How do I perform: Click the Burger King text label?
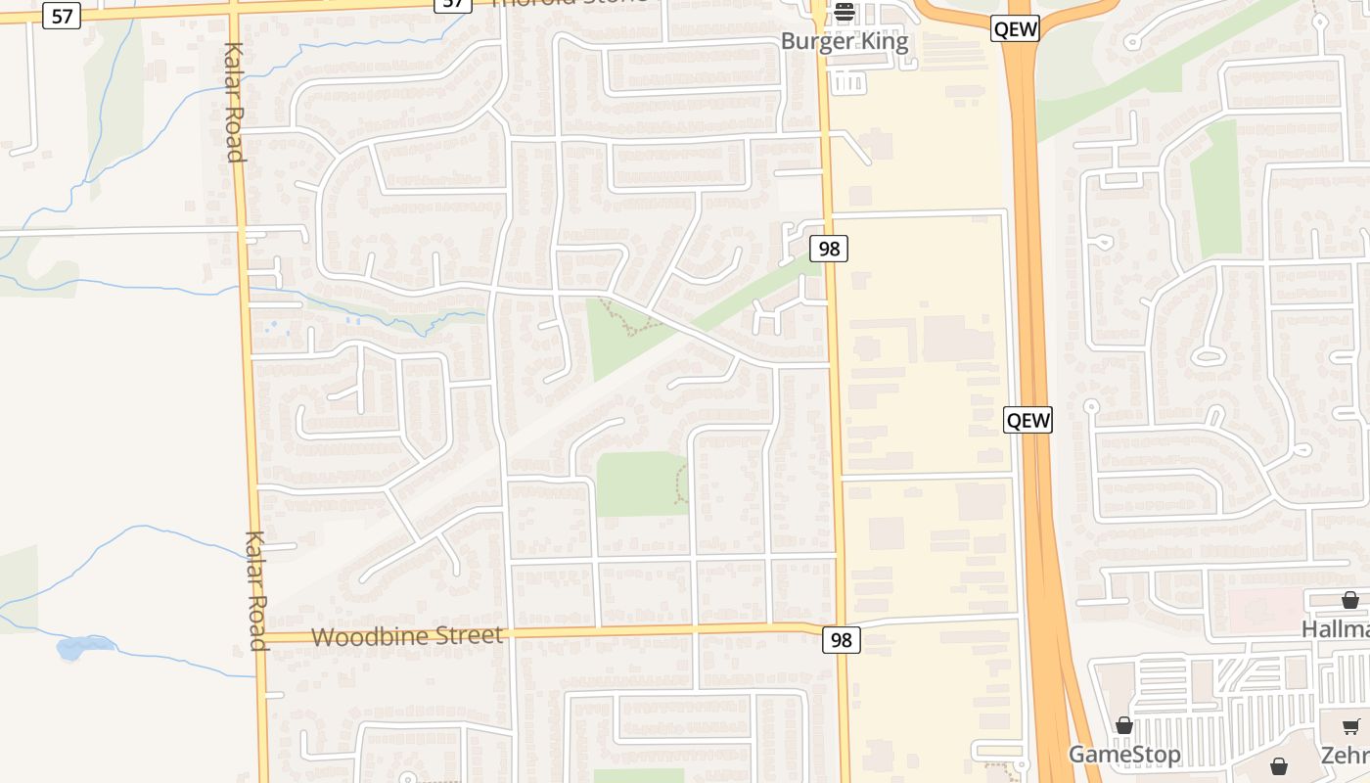click(x=844, y=42)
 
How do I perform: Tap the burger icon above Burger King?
click(x=845, y=13)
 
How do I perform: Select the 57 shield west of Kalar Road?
click(x=61, y=16)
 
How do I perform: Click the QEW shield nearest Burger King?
click(x=1014, y=28)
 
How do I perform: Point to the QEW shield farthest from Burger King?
click(x=1027, y=421)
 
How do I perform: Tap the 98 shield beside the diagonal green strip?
click(x=829, y=249)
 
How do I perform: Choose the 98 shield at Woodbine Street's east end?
click(x=840, y=640)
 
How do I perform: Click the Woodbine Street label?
click(x=407, y=636)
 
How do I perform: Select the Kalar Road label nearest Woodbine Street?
click(x=256, y=590)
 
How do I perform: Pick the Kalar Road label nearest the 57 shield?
click(x=233, y=102)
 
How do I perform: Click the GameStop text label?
click(x=1123, y=755)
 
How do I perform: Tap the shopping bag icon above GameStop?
click(x=1124, y=725)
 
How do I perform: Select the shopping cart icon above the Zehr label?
click(x=1351, y=726)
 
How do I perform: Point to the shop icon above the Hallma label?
click(x=1349, y=599)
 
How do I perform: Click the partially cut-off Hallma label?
click(x=1335, y=628)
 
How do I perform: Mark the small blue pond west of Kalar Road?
click(x=72, y=647)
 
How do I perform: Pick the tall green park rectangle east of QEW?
click(x=1215, y=191)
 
